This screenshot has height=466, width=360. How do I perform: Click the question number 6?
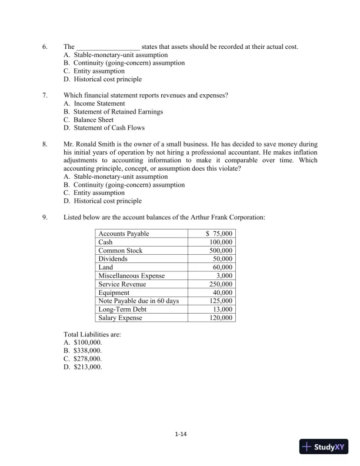(45, 46)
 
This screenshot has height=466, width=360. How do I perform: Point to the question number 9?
(45, 217)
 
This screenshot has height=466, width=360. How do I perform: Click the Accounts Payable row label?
(124, 234)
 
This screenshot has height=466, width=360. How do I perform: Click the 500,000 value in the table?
(221, 251)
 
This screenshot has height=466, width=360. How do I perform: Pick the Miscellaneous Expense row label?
(132, 276)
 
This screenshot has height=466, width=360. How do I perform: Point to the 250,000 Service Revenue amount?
(221, 284)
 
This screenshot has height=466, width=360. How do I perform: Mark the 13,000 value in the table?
(222, 309)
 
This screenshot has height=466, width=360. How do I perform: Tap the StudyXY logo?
(323, 447)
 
